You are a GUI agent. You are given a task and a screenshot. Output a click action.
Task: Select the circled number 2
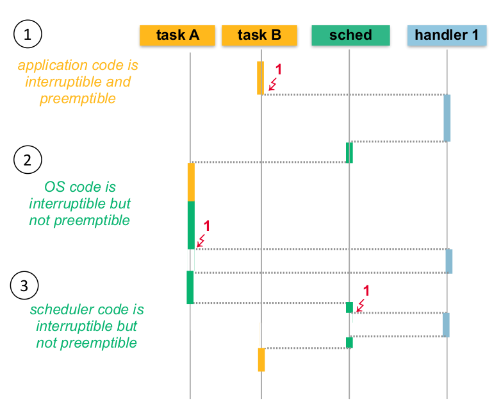27,160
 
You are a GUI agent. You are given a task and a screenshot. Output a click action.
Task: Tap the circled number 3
24,286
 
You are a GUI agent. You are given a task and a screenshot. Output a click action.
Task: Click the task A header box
177,35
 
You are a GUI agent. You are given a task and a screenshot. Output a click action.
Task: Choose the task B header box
259,35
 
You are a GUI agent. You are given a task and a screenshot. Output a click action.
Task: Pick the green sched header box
350,35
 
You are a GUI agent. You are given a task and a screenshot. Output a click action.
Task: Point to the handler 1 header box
447,35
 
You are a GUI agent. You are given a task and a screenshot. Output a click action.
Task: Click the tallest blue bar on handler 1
447,118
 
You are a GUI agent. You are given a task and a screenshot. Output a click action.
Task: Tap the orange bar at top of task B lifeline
260,78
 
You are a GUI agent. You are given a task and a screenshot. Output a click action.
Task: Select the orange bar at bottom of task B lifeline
261,359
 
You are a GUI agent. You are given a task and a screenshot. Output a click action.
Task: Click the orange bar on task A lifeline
191,182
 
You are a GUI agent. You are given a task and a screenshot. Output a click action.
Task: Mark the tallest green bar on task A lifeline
191,224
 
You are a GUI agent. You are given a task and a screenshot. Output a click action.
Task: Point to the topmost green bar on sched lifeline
349,153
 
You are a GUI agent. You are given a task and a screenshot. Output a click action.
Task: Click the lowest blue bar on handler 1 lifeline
446,325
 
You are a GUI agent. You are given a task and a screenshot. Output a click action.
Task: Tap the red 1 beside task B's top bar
278,69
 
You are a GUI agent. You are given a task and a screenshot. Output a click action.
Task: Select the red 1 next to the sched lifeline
366,291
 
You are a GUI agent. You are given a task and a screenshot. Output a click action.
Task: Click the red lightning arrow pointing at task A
201,241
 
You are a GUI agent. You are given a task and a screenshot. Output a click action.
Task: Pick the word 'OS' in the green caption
53,187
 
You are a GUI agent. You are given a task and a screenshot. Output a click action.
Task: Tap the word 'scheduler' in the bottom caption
59,310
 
